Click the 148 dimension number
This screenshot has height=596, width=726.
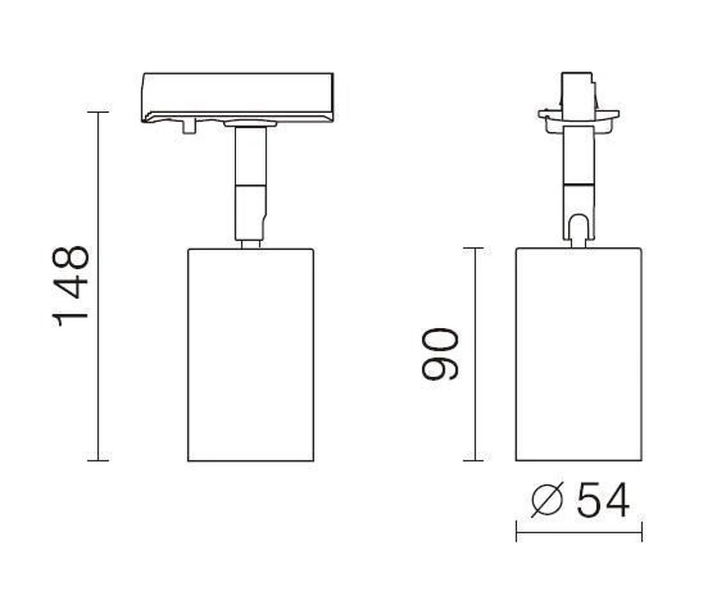(x=71, y=286)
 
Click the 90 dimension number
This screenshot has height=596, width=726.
(x=440, y=354)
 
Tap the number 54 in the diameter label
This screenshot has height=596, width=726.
(x=603, y=501)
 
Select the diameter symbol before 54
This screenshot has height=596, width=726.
(x=546, y=501)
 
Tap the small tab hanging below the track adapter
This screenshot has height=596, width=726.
(x=188, y=127)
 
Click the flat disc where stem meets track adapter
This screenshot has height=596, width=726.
(x=250, y=123)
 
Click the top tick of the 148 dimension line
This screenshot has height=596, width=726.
(x=98, y=112)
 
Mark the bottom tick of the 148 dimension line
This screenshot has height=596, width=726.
(x=98, y=460)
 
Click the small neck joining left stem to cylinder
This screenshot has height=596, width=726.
(x=250, y=244)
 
